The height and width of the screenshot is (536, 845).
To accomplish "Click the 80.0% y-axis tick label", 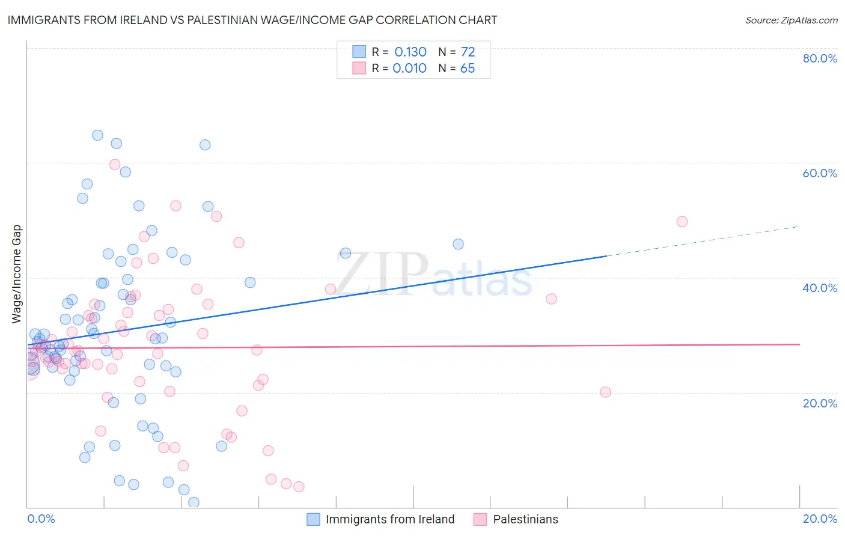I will pos(820,58).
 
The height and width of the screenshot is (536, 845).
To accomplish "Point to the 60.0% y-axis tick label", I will pos(820,173).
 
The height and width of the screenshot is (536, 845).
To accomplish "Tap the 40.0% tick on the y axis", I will pos(820,288).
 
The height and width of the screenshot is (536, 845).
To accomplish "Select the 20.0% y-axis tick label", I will pos(820,403).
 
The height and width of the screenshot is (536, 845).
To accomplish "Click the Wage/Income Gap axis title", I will pos(17,274).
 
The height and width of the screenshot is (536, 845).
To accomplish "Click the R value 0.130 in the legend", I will pos(410,52).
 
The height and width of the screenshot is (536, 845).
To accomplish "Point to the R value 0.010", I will pos(409,69).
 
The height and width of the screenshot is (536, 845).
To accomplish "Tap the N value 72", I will pos(468,52).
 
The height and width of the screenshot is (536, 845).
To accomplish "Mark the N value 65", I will pos(468,69).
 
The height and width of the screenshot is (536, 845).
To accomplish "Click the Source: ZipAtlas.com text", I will pos(791,20).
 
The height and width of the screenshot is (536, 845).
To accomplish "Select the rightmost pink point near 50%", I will pos(682,222).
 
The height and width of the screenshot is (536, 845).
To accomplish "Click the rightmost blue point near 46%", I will pos(458,244).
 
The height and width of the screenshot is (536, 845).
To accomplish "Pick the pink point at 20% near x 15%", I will pos(605,392).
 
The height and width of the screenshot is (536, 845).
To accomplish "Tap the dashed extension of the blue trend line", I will pos(703,241).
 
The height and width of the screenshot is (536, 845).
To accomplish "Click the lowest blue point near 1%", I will pos(194,502).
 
